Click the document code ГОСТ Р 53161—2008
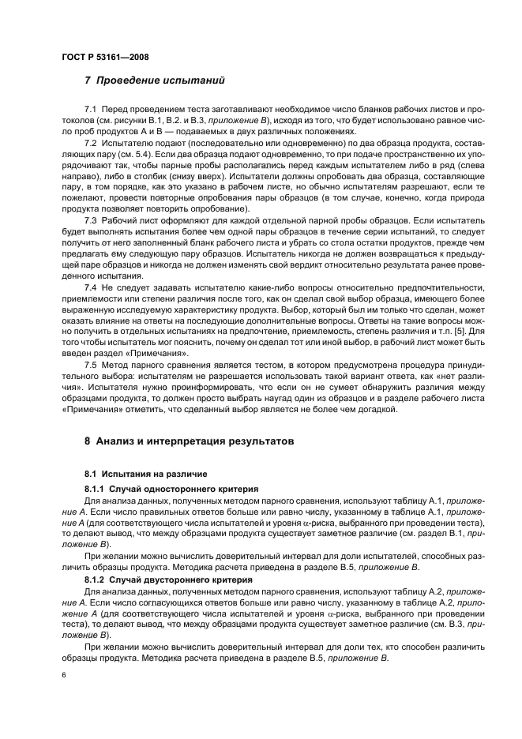(x=105, y=57)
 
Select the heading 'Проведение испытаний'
(x=163, y=80)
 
